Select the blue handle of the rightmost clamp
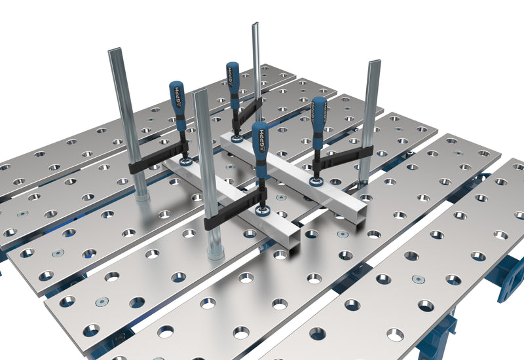point(319,122)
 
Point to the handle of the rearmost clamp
point(233,82)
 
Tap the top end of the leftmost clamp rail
point(116,51)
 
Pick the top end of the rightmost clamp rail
point(374,63)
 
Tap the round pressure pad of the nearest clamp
point(265,210)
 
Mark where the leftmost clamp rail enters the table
point(141,196)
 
